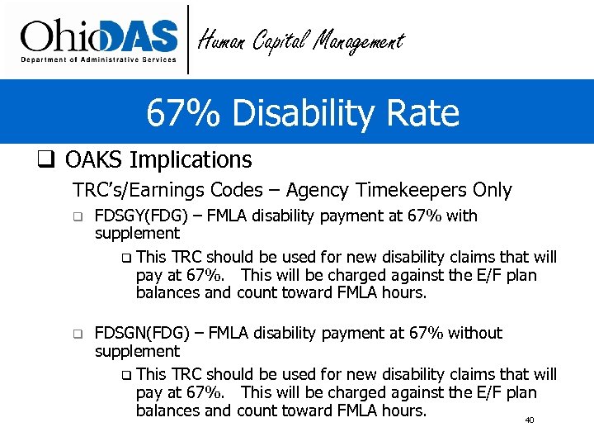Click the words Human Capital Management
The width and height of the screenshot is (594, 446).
(x=302, y=40)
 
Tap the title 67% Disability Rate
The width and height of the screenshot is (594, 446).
(x=302, y=112)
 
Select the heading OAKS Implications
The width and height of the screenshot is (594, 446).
(x=158, y=159)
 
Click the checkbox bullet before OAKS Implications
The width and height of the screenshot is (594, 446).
(x=46, y=159)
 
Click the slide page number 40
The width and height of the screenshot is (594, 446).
(x=530, y=420)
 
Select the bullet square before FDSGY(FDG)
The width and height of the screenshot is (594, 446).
(x=78, y=217)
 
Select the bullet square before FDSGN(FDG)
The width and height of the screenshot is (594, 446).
(x=78, y=334)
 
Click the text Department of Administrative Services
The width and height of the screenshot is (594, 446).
(x=98, y=59)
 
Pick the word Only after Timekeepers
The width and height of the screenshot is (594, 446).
(x=493, y=191)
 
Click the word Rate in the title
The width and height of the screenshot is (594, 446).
(x=427, y=112)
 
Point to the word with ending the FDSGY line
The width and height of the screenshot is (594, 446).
(x=461, y=216)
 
